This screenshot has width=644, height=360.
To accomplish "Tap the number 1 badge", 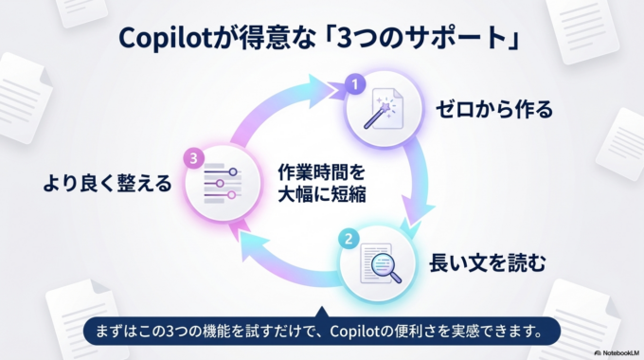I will (x=353, y=84).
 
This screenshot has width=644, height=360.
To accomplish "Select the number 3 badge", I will (x=193, y=156).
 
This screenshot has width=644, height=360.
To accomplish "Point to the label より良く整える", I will (x=106, y=183).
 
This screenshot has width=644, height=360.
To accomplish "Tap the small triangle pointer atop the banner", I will (x=322, y=311).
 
